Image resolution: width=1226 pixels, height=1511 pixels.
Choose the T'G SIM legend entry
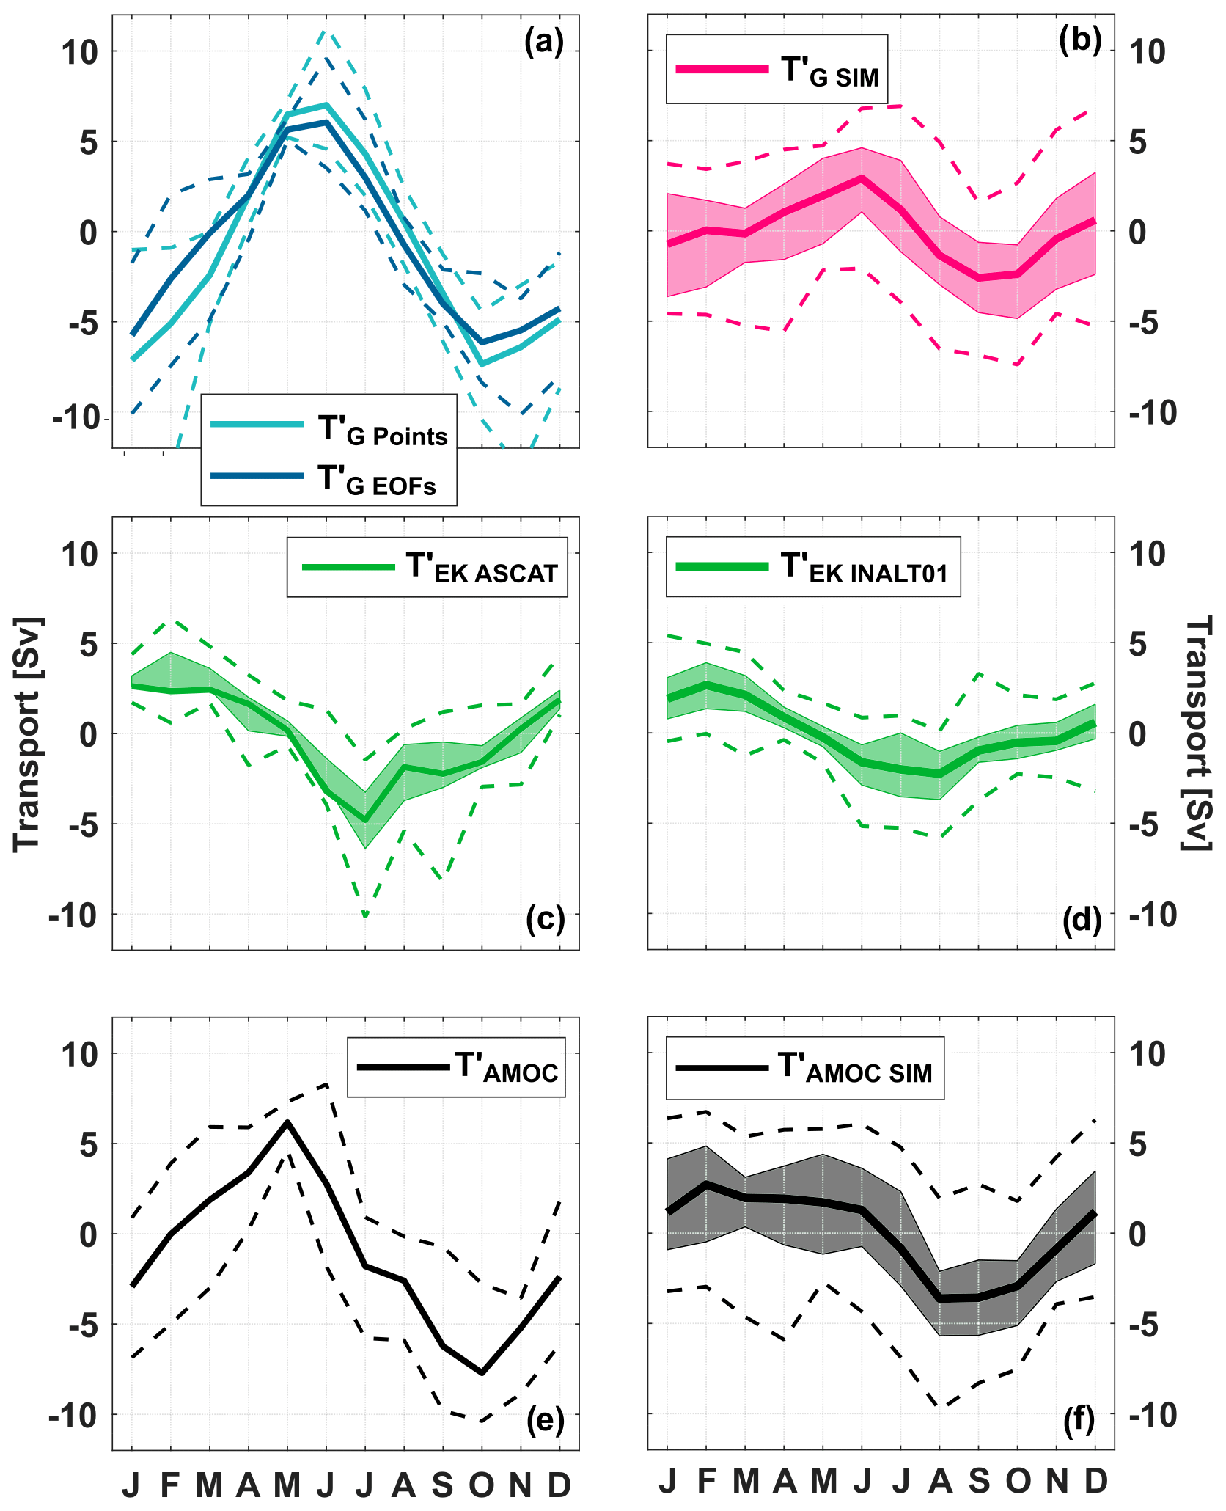click(777, 70)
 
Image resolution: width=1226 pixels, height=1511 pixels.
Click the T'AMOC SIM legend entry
click(804, 1068)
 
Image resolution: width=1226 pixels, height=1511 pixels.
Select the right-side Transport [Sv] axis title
click(1198, 733)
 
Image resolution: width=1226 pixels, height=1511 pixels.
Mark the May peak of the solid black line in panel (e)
click(287, 1123)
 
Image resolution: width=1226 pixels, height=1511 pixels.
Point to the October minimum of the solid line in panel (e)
click(482, 1372)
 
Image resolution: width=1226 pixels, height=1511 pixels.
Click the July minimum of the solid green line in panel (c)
click(365, 819)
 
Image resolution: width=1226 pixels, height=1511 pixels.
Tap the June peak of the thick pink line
click(862, 178)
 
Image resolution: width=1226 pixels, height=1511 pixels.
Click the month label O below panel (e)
click(482, 1485)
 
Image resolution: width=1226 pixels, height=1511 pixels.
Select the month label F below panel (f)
click(706, 1482)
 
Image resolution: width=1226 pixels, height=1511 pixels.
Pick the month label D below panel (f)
click(1095, 1482)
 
